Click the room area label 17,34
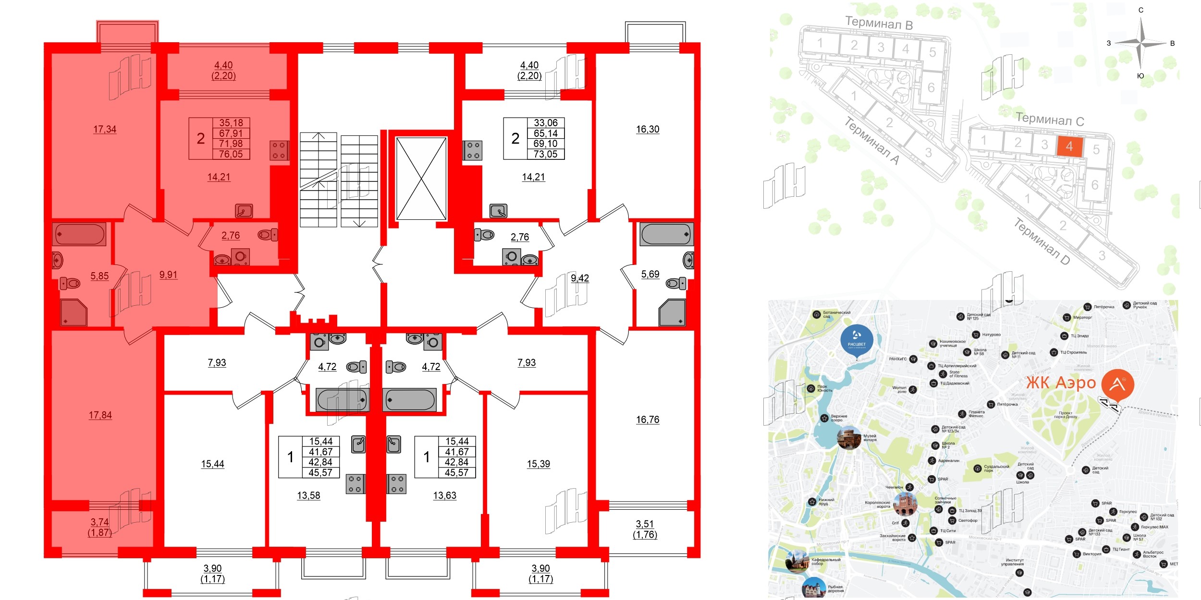[x=105, y=129]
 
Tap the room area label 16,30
[x=648, y=129]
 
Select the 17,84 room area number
[x=100, y=415]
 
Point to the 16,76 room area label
[x=648, y=420]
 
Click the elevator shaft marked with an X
[x=421, y=179]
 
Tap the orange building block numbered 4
[x=1069, y=146]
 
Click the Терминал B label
[x=879, y=23]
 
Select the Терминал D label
[x=1042, y=241]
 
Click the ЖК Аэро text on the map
[x=1061, y=383]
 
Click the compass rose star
[x=1141, y=43]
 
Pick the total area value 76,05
[x=231, y=154]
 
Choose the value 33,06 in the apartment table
[x=546, y=123]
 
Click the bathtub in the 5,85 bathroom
[x=79, y=234]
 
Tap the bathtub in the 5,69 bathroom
[x=666, y=234]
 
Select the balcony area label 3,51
[x=645, y=524]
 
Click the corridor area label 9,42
[x=580, y=278]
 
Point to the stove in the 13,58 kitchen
[x=355, y=484]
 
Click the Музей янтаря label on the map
[x=870, y=438]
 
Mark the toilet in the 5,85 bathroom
[x=70, y=283]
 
